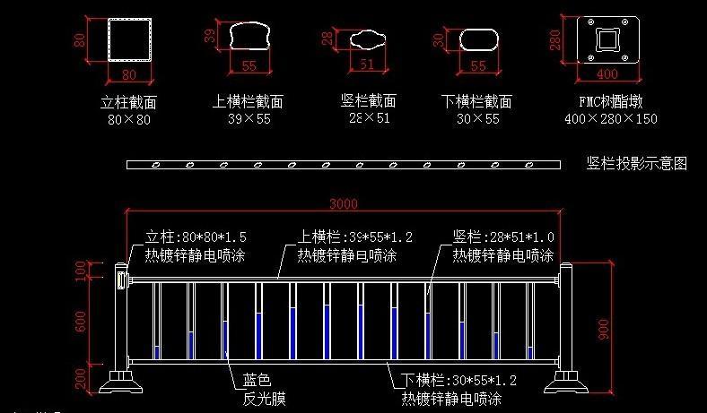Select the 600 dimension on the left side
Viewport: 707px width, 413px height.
pyautogui.click(x=82, y=324)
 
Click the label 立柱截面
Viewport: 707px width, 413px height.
pyautogui.click(x=129, y=102)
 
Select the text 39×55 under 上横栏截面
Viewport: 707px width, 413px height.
pyautogui.click(x=249, y=118)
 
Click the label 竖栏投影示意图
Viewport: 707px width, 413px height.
pyautogui.click(x=637, y=164)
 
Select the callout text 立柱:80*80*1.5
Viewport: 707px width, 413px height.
pyautogui.click(x=196, y=237)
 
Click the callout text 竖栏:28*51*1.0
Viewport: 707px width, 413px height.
pyautogui.click(x=502, y=237)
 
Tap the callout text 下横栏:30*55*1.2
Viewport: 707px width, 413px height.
pyautogui.click(x=458, y=380)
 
